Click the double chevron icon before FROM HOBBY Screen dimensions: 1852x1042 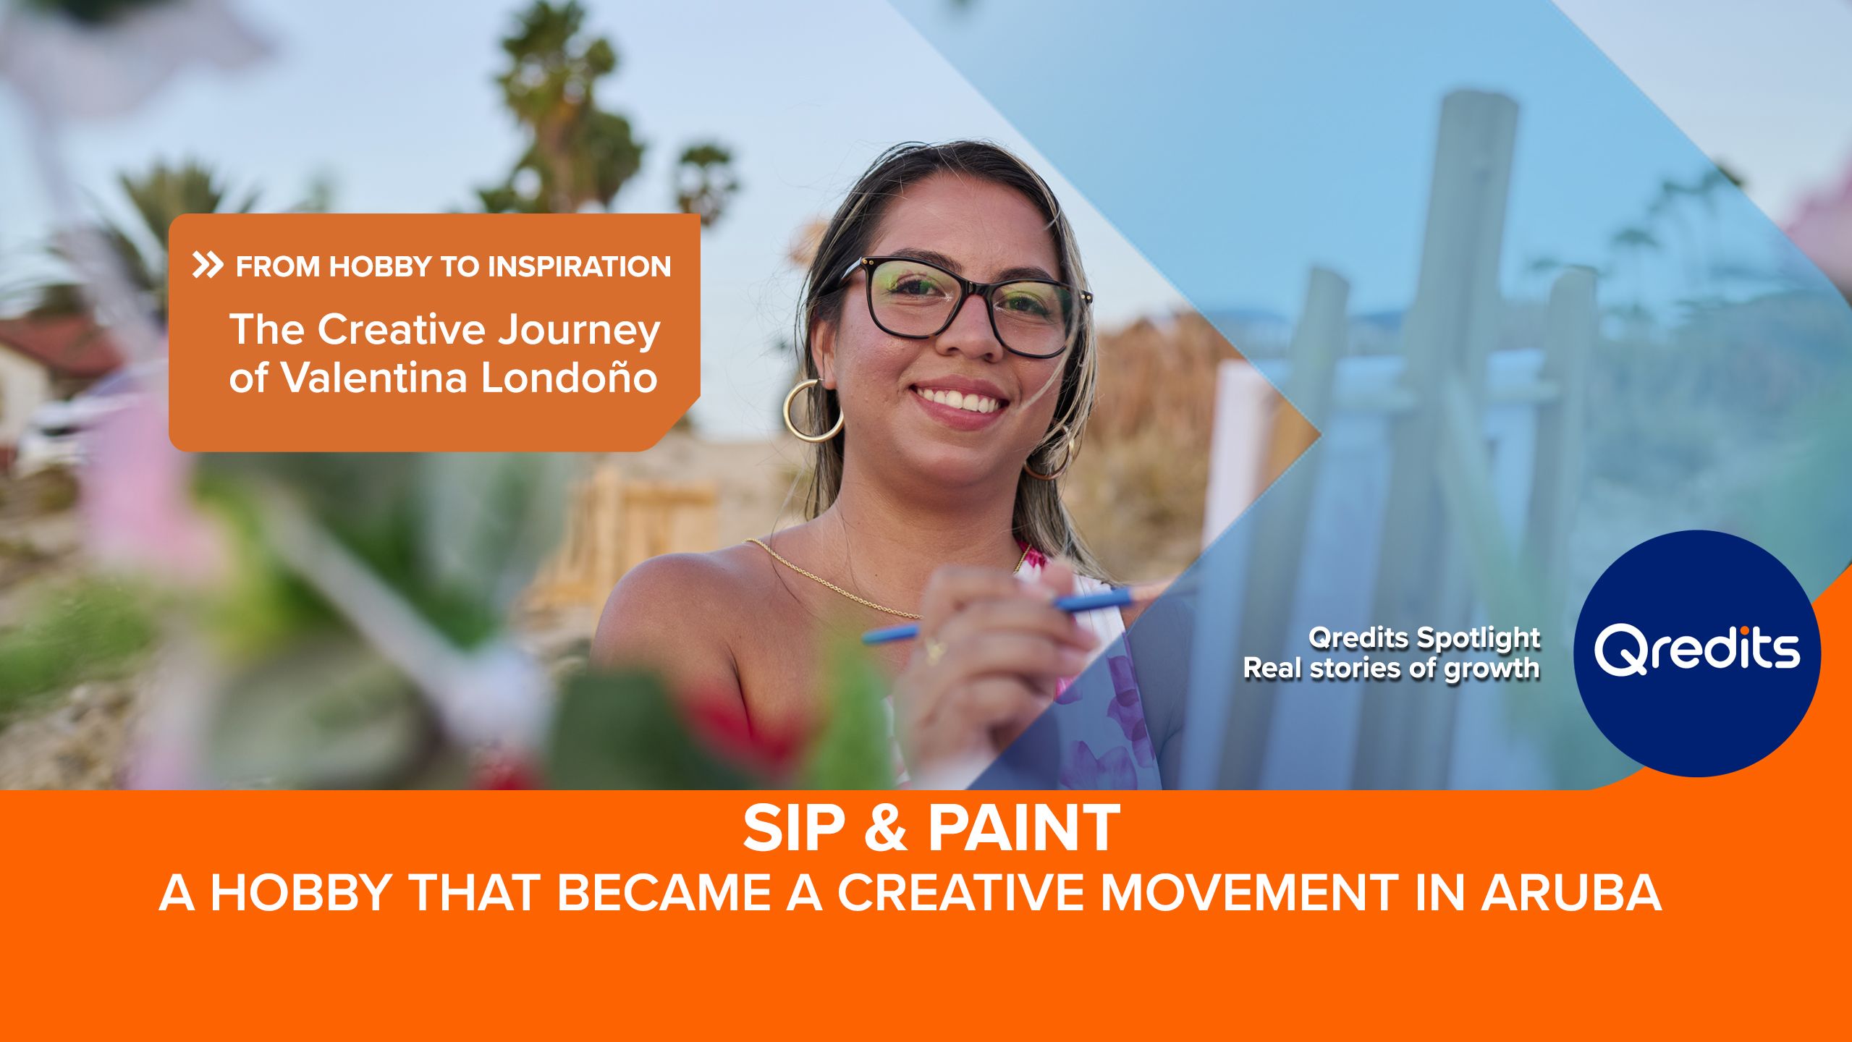208,266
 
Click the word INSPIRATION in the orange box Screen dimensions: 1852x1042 579,267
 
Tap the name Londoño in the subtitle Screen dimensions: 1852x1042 569,378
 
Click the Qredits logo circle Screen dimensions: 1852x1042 1696,653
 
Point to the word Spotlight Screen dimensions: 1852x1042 1479,638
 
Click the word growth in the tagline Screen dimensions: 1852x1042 1492,669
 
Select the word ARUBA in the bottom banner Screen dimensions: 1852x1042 1571,892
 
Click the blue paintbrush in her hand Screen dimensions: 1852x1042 999,615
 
